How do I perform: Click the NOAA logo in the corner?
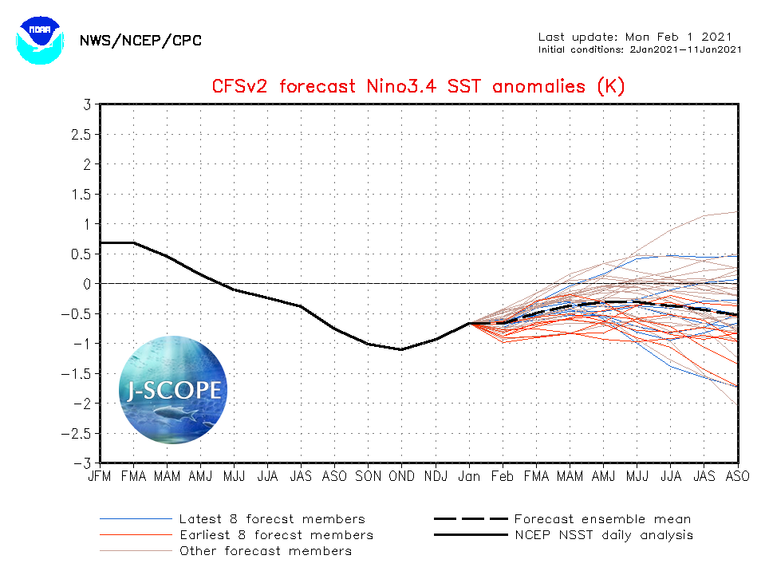click(x=38, y=37)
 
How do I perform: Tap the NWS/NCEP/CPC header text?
click(x=140, y=41)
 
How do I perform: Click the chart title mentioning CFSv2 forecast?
click(x=418, y=86)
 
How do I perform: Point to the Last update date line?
click(x=634, y=37)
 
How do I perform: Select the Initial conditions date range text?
click(x=641, y=49)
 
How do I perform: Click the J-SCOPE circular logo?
click(x=173, y=390)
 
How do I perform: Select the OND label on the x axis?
click(x=401, y=476)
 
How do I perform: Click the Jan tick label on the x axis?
click(x=469, y=476)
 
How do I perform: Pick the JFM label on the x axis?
click(x=101, y=476)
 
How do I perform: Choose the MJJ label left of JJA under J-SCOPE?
click(x=234, y=476)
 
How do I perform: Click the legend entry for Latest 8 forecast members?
click(x=272, y=519)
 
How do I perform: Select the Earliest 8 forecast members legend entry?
click(x=276, y=535)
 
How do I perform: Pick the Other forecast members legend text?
click(x=266, y=551)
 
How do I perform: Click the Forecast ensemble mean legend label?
click(x=602, y=519)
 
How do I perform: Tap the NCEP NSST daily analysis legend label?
click(x=604, y=535)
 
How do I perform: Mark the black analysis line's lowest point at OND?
click(x=401, y=349)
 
